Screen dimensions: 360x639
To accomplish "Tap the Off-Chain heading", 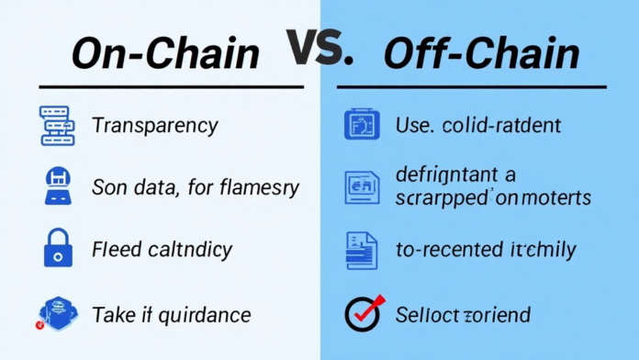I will pos(481,54).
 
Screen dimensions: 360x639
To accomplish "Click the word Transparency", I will pos(154,125).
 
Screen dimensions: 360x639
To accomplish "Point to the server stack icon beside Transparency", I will pos(56,125).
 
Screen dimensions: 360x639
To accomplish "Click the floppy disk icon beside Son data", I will pos(56,186).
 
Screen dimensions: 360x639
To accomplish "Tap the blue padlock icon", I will pos(56,248).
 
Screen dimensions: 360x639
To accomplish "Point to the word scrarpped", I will pos(444,197).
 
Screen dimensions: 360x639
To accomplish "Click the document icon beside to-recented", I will pos(362,249).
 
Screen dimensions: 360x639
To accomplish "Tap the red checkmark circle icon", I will pos(362,313).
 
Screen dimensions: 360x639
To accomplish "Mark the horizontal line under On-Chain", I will pos(166,87).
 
